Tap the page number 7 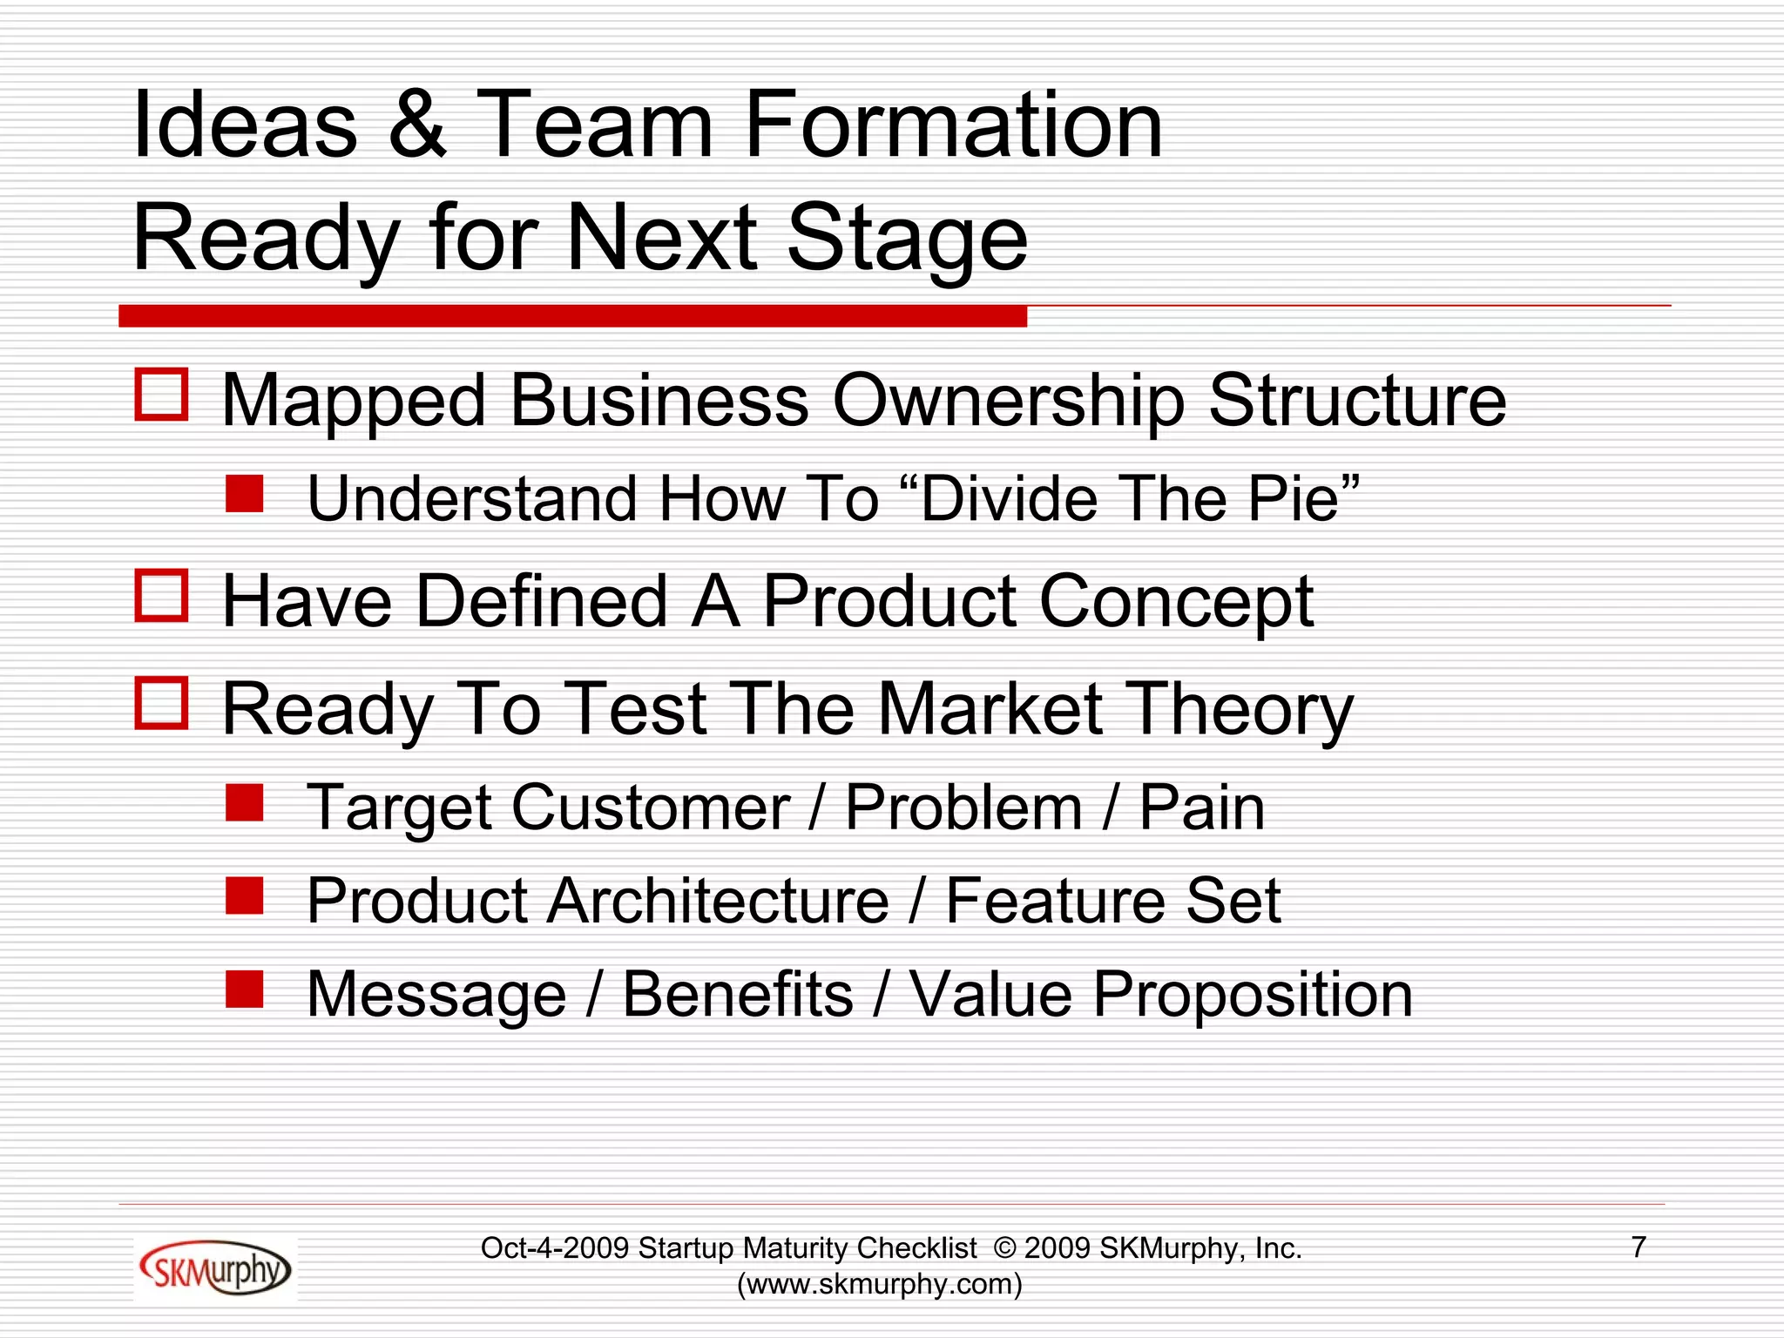(x=1638, y=1247)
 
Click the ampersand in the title (x=417, y=125)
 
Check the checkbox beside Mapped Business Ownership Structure (x=162, y=395)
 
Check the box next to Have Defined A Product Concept (x=162, y=596)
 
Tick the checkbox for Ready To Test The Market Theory (x=162, y=703)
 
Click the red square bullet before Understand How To (x=245, y=493)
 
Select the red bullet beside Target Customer (x=245, y=803)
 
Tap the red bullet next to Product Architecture (x=245, y=895)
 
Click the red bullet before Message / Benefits (x=245, y=989)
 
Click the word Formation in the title (x=954, y=125)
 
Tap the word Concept (x=1176, y=603)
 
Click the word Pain (x=1202, y=808)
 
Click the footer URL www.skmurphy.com (x=879, y=1284)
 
